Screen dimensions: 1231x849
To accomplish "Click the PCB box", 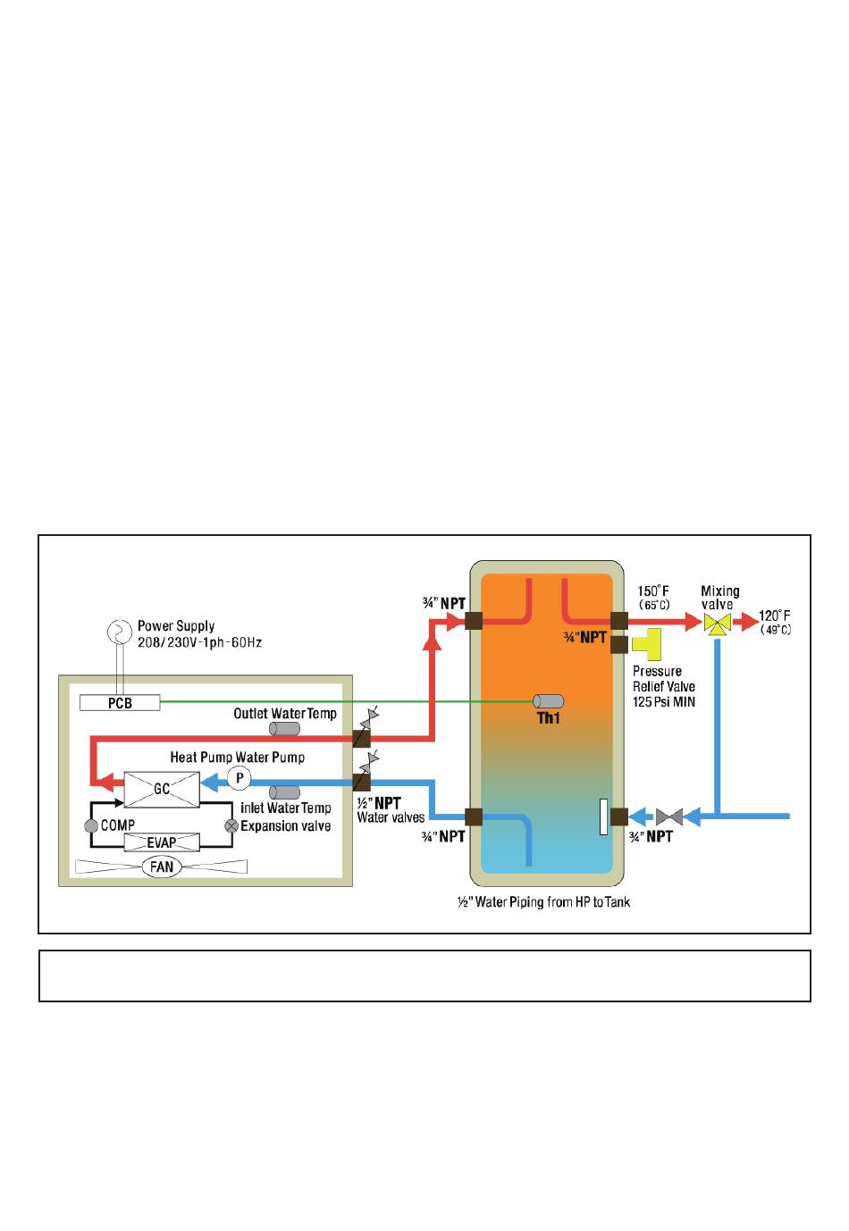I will point(120,703).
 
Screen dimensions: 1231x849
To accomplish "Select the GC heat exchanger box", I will point(162,789).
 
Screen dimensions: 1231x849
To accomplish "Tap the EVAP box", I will point(162,842).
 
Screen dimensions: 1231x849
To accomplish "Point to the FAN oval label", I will point(162,867).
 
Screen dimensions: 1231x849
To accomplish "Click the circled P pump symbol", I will point(240,778).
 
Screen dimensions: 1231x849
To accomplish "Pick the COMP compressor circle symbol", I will point(91,826).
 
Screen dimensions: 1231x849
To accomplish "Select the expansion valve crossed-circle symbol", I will point(231,826).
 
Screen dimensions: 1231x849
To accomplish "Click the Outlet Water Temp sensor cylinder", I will point(285,729).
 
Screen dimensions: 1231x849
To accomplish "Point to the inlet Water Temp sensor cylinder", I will point(284,792).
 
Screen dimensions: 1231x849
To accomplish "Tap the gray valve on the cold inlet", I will point(669,816).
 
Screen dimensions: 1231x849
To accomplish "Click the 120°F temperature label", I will point(775,616).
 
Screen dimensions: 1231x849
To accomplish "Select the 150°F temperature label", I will point(653,591).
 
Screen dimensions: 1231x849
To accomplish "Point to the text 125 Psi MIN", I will point(664,702).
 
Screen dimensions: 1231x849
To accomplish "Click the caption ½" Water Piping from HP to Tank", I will point(543,902).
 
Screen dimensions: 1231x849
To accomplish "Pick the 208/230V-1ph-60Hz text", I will point(199,642).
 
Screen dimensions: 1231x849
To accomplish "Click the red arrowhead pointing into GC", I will point(103,783).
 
